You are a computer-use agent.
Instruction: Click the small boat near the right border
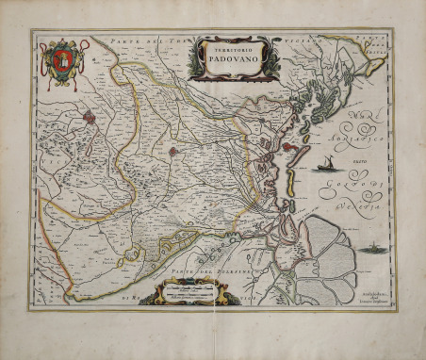(x=369, y=249)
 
